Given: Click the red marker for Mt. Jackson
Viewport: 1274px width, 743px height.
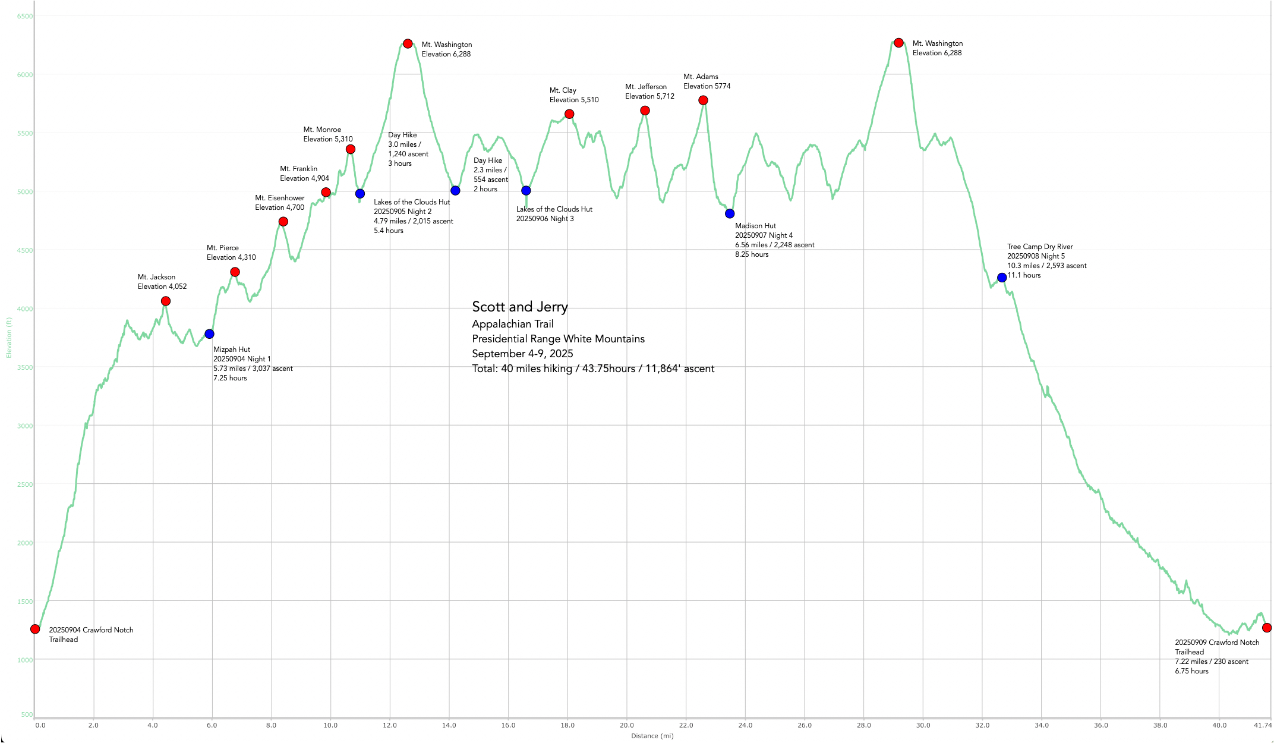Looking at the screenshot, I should pyautogui.click(x=166, y=301).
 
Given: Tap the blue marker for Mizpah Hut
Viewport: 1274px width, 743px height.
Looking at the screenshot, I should pyautogui.click(x=209, y=334).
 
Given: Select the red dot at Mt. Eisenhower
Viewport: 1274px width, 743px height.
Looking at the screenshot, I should pyautogui.click(x=283, y=222).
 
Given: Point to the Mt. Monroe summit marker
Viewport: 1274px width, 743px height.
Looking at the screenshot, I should pyautogui.click(x=351, y=149).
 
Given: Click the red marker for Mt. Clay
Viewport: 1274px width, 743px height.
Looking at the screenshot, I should pyautogui.click(x=569, y=114).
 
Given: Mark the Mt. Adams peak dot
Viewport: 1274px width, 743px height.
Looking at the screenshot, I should pyautogui.click(x=703, y=100).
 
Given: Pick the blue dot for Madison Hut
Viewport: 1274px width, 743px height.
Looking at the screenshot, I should pyautogui.click(x=730, y=213).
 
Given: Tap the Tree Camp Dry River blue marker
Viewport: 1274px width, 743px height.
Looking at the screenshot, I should pyautogui.click(x=1002, y=278).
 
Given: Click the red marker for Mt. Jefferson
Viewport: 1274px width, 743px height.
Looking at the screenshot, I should pyautogui.click(x=645, y=111).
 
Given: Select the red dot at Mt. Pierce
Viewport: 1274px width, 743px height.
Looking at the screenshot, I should pyautogui.click(x=235, y=272).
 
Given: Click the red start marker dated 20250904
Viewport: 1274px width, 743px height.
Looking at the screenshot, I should pyautogui.click(x=35, y=629).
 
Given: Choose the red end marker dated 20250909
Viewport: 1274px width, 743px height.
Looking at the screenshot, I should pyautogui.click(x=1267, y=628).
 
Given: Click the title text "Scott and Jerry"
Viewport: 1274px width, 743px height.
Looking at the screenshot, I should pyautogui.click(x=520, y=307).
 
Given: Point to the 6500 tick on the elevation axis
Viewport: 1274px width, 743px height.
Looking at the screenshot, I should pyautogui.click(x=25, y=17).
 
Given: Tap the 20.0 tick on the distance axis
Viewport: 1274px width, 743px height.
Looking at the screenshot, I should pyautogui.click(x=627, y=725).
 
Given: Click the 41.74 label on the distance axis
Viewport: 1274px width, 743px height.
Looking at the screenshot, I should pyautogui.click(x=1263, y=725).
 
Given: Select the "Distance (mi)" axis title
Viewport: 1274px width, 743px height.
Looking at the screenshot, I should pyautogui.click(x=652, y=736).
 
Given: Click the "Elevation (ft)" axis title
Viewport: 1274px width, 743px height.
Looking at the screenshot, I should pyautogui.click(x=9, y=338).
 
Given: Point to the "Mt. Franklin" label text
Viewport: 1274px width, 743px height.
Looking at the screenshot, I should pyautogui.click(x=299, y=169).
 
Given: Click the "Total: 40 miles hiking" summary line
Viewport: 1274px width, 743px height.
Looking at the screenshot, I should pyautogui.click(x=593, y=369).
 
